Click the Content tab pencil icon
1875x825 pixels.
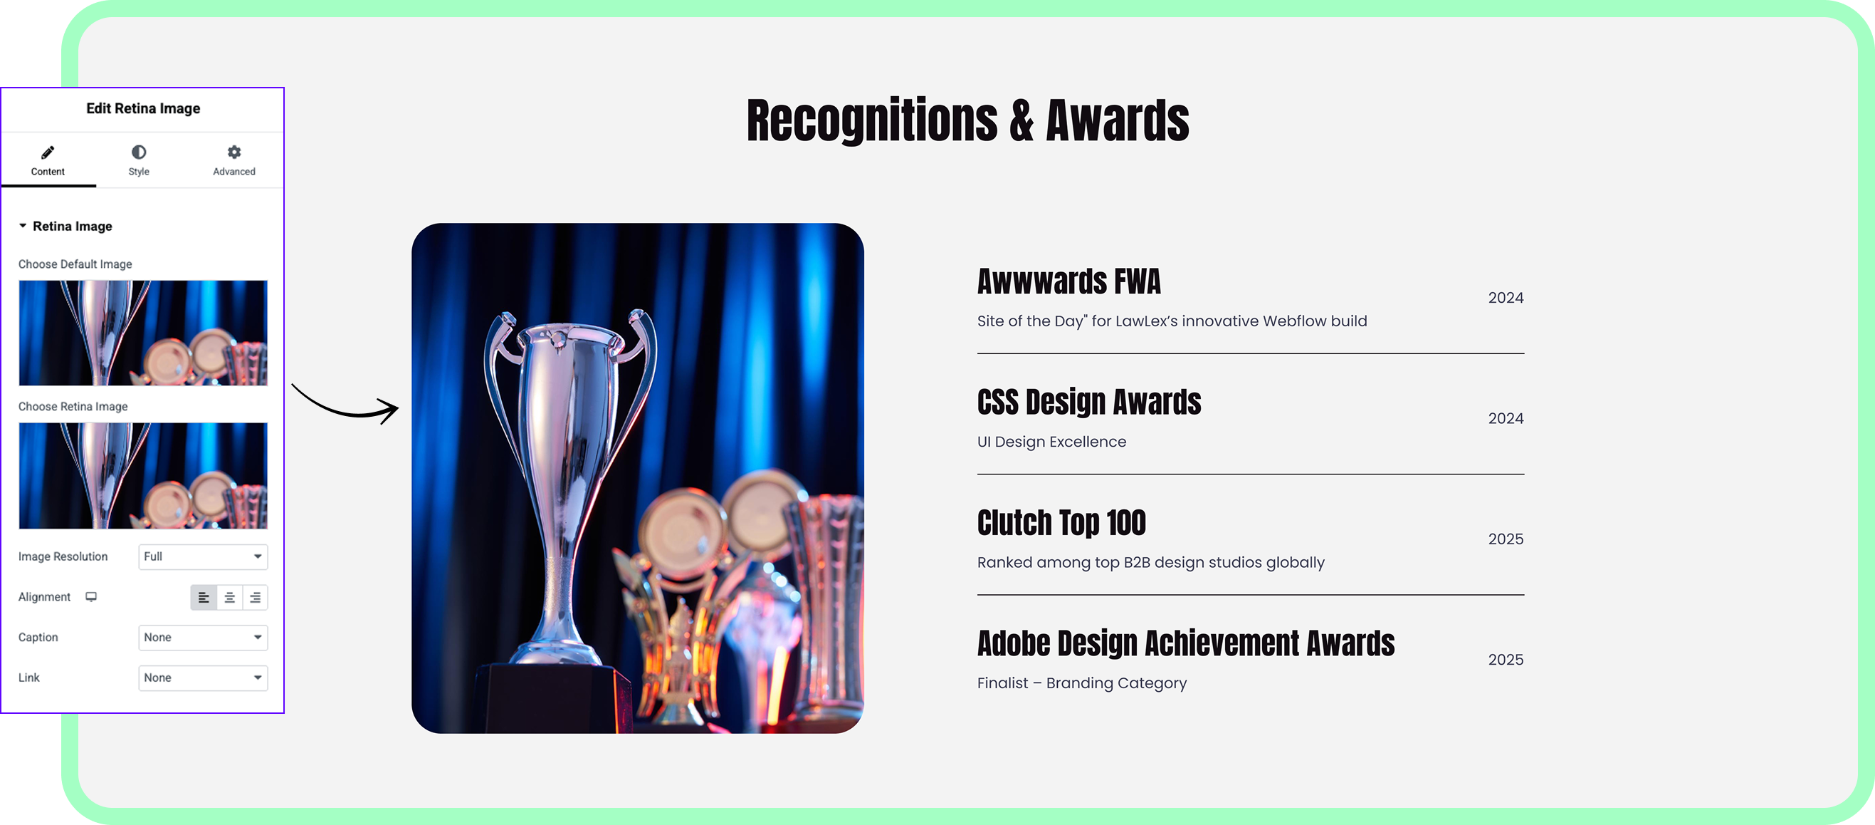[48, 152]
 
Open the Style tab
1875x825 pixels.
[138, 160]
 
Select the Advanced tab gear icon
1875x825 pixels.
[233, 152]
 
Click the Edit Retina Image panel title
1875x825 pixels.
[142, 108]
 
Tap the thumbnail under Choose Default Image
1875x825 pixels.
[142, 333]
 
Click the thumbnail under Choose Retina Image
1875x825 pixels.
[142, 475]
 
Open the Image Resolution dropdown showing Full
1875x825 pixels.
[203, 556]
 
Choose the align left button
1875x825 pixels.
[204, 597]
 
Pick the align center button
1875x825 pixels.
[229, 597]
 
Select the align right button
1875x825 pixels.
[256, 597]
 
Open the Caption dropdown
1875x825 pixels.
[203, 637]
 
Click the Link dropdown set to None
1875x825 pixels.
[203, 678]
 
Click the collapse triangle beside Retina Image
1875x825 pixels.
[23, 226]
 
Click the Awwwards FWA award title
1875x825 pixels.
[1068, 281]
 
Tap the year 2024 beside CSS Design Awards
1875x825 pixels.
[1506, 418]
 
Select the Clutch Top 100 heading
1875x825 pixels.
[1061, 523]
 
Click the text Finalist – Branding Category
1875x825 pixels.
[1081, 683]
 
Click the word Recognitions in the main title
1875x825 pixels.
[872, 120]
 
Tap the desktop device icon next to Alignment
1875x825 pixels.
[91, 597]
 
